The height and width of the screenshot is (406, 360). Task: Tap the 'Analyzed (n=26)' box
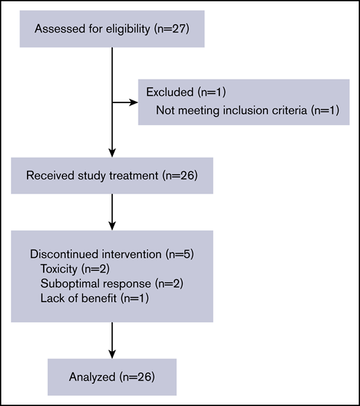coord(112,378)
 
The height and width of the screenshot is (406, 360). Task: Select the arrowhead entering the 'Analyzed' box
coord(112,355)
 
